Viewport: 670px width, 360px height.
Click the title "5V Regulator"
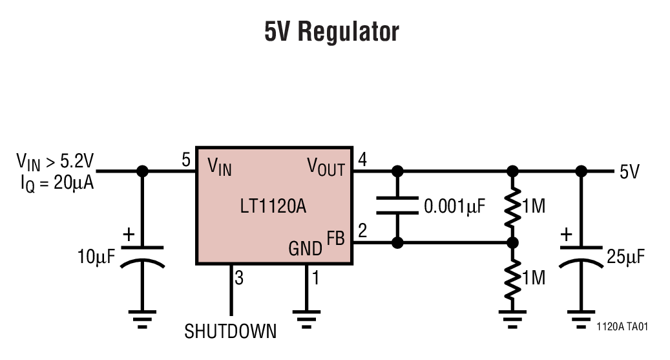tap(331, 32)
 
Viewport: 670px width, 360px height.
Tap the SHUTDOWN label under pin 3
tap(231, 332)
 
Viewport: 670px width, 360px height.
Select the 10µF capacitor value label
tap(96, 257)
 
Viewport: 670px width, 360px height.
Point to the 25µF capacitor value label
tap(626, 257)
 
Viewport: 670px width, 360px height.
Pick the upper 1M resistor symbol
tap(512, 207)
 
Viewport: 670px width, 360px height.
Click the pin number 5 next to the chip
tap(186, 160)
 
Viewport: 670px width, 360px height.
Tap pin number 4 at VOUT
tap(362, 160)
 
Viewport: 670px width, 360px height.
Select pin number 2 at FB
tap(362, 231)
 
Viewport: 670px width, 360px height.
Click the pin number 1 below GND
tap(315, 279)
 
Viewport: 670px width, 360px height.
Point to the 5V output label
tap(629, 172)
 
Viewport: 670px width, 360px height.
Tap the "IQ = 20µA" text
tap(57, 183)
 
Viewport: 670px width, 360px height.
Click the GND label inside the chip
tap(306, 248)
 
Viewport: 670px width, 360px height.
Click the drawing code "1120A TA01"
tap(622, 327)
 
